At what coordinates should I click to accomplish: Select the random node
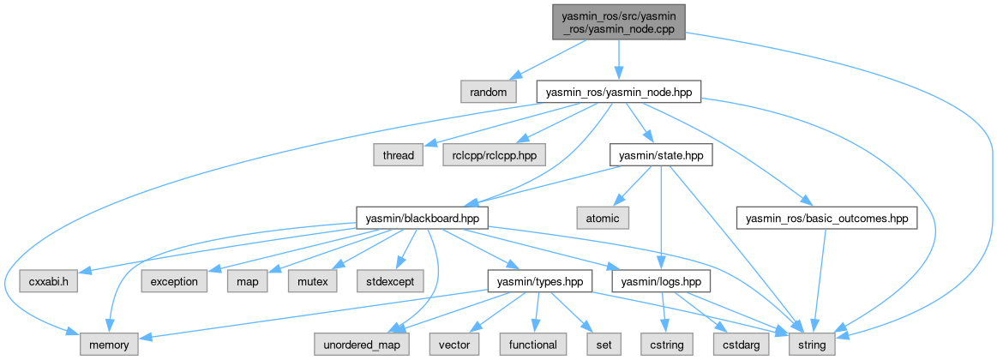click(x=489, y=91)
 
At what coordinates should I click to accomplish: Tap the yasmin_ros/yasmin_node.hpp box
click(x=618, y=91)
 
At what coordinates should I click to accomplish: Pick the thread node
click(x=398, y=155)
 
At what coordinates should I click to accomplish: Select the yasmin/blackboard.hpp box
click(x=423, y=218)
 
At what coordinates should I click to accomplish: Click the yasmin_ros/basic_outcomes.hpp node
click(x=827, y=218)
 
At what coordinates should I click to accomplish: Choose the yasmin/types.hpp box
click(x=540, y=280)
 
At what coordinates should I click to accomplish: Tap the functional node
click(x=532, y=345)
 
